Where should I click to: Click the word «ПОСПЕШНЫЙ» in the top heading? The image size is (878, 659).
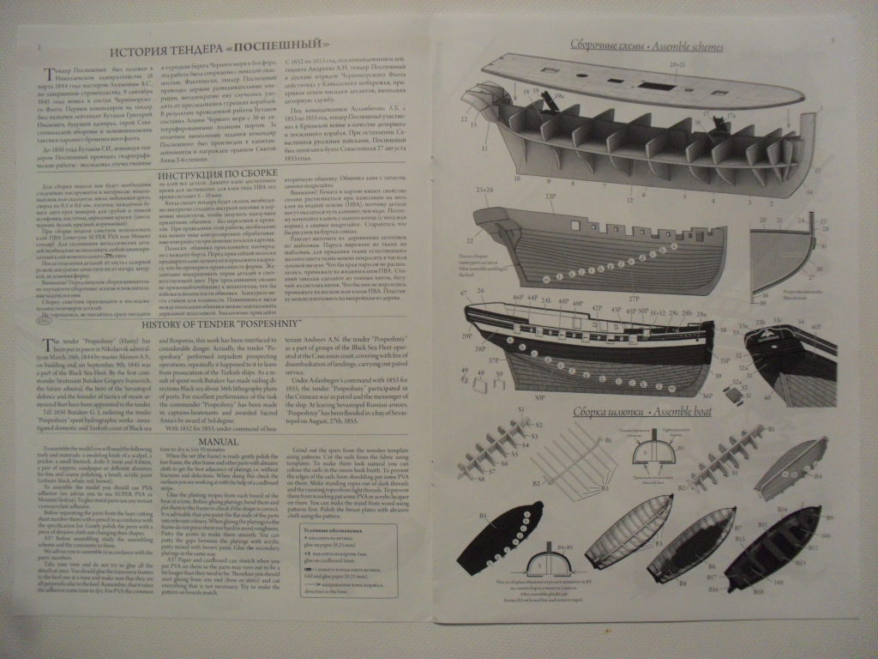pos(289,43)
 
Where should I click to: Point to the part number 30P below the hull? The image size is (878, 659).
pos(539,397)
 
